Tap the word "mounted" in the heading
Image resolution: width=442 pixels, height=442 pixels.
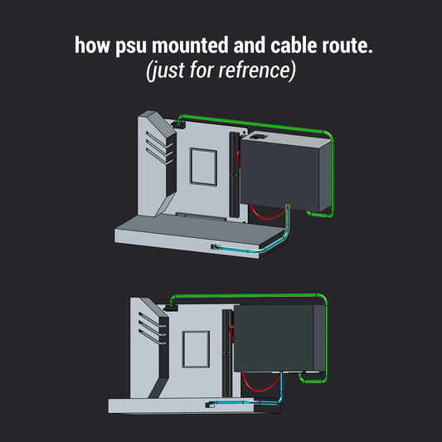pos(190,45)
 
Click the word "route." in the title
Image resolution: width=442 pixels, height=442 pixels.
pos(347,46)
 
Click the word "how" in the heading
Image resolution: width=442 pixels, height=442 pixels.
pos(92,45)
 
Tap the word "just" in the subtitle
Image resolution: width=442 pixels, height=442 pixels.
pos(168,70)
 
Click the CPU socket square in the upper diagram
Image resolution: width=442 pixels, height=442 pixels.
pos(203,167)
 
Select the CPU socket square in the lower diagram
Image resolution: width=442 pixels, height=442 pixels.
pos(196,349)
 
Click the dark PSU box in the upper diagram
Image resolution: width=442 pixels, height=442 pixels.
pos(285,172)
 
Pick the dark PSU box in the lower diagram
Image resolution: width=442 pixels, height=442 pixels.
pos(279,338)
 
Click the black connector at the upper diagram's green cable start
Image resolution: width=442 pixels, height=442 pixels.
pos(177,124)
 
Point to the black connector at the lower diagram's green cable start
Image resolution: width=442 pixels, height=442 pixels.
pos(170,308)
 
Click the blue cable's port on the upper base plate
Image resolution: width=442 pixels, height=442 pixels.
pos(214,246)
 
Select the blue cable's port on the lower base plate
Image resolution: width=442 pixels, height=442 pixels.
pos(209,405)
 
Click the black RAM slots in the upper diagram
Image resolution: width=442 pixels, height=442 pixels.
pos(234,175)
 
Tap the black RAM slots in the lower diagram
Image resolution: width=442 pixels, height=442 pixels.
pos(227,353)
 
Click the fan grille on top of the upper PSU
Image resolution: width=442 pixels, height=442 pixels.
pos(259,137)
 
